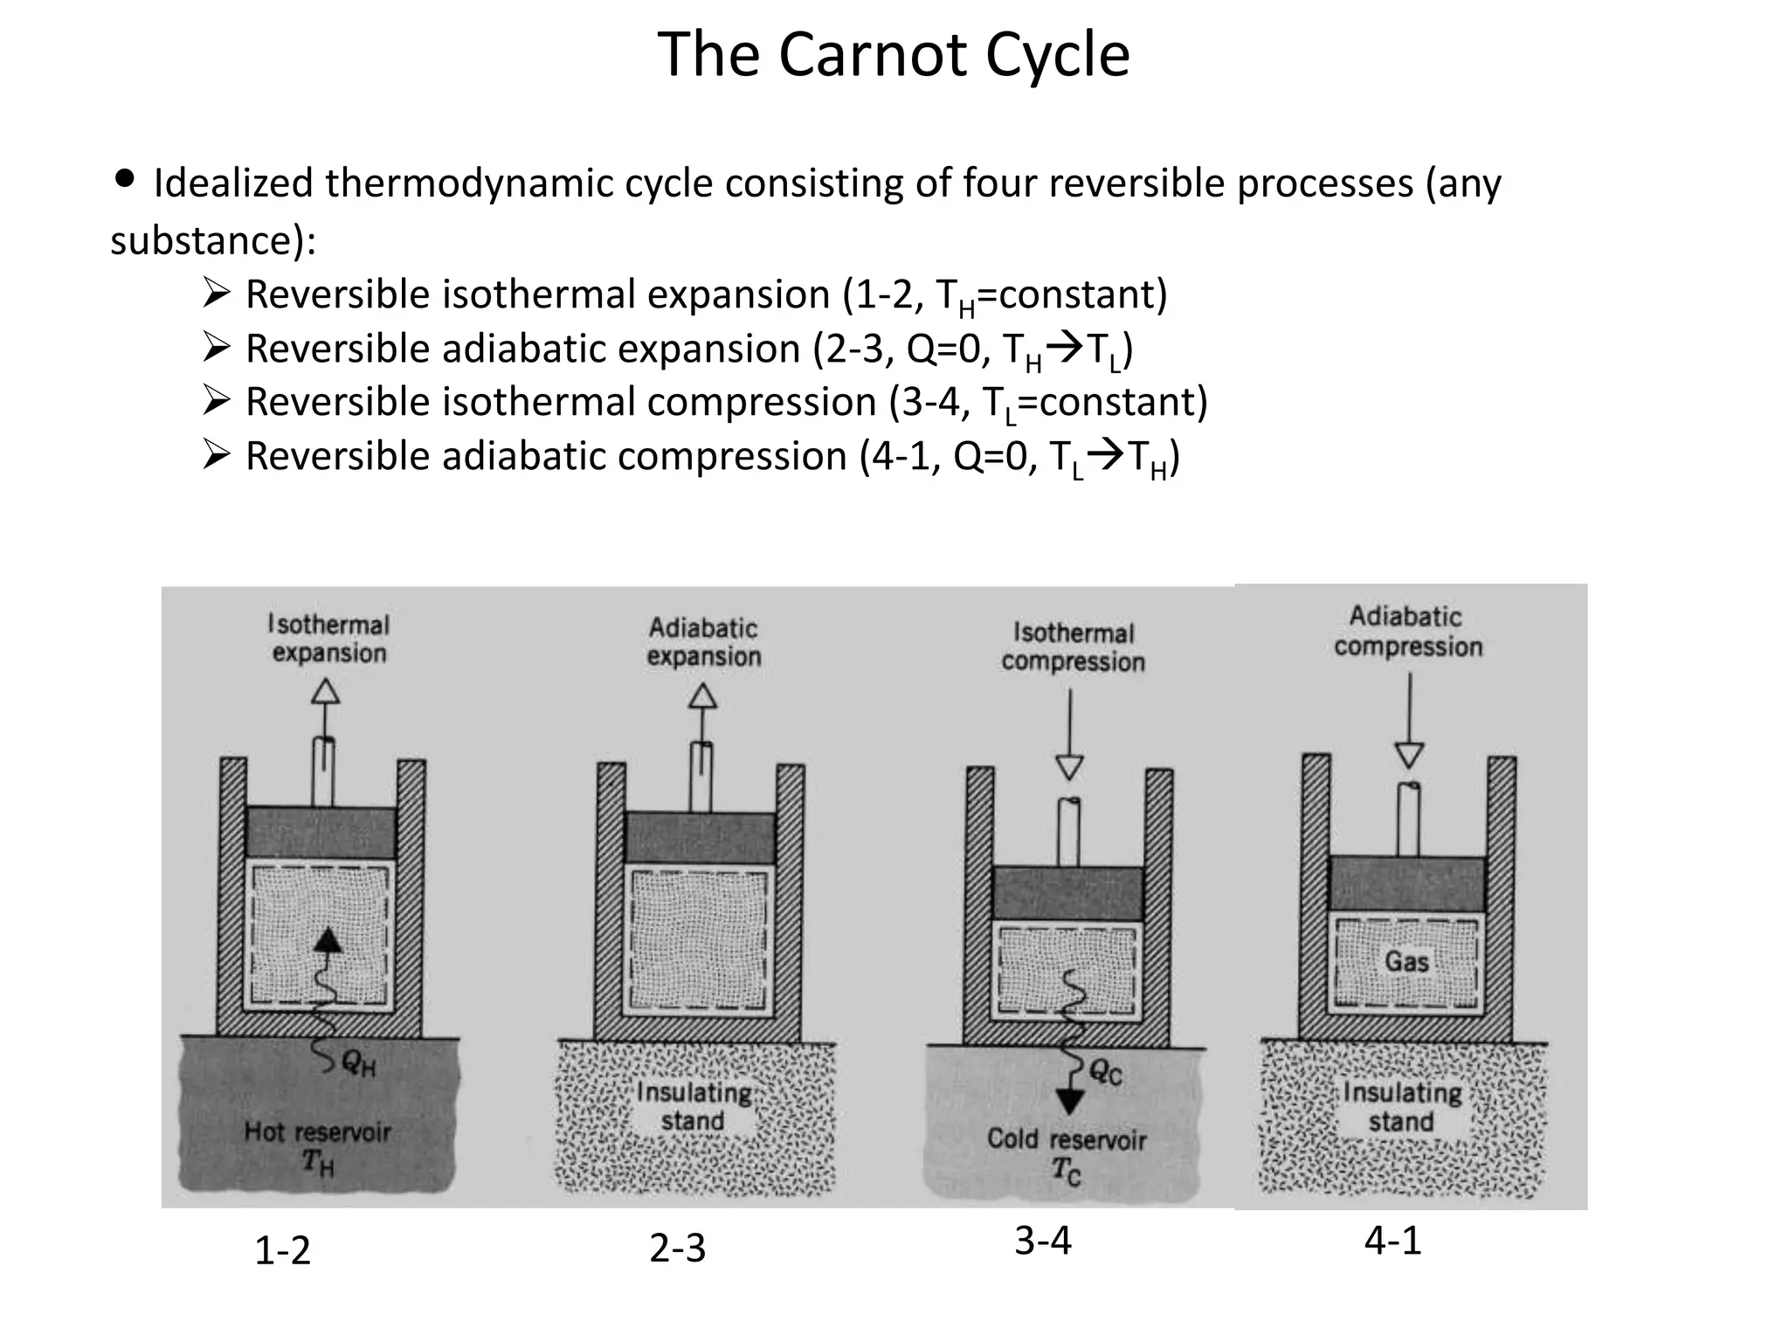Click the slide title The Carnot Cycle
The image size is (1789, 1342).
tap(893, 54)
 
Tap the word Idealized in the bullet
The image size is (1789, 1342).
tap(231, 183)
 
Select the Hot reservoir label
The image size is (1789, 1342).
tap(317, 1132)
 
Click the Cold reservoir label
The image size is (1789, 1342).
tap(1067, 1139)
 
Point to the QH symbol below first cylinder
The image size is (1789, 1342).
tap(359, 1063)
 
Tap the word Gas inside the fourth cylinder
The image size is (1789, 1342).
tap(1406, 962)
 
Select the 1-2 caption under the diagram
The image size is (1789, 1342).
tap(282, 1251)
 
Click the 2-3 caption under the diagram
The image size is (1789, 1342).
tap(677, 1248)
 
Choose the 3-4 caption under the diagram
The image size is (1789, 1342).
tap(1043, 1241)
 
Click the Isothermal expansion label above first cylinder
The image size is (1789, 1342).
tap(328, 639)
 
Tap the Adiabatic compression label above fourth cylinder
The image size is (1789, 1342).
tap(1407, 632)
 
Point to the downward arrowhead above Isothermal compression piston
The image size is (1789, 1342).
tap(1069, 767)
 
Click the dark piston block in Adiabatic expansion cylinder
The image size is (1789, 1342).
tap(701, 838)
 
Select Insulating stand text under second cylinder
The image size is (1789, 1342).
tap(694, 1107)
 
